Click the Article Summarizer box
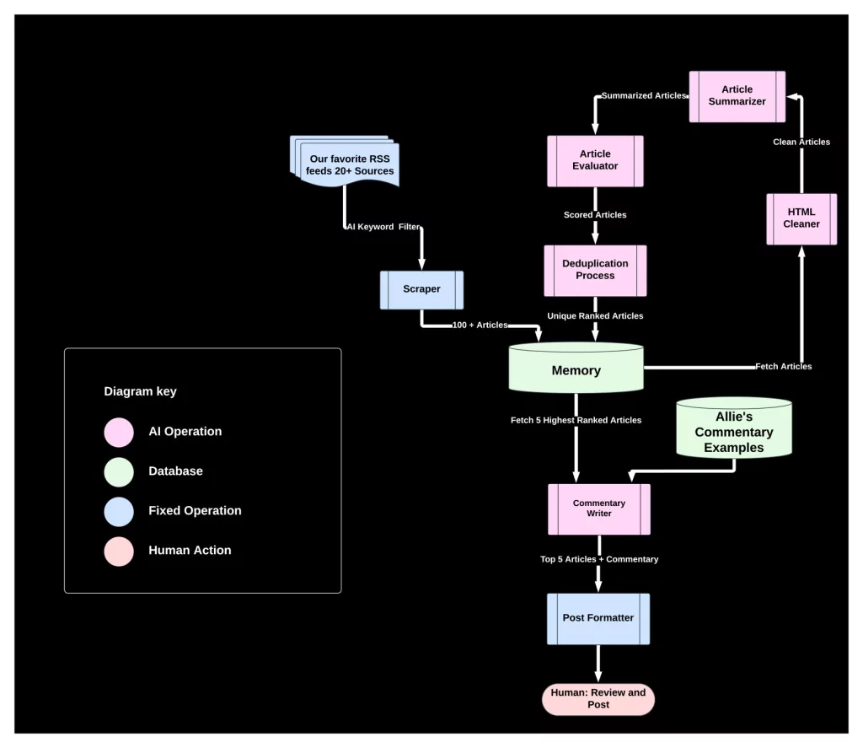[737, 96]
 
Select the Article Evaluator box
[595, 160]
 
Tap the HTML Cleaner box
[801, 218]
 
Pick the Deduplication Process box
[595, 270]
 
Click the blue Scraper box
[421, 289]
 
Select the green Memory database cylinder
[576, 369]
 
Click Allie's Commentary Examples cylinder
[734, 432]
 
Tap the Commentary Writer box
[598, 509]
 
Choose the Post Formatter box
[598, 618]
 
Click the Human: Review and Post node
[598, 698]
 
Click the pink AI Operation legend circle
[119, 432]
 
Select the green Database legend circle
[119, 471]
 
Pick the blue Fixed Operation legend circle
[119, 511]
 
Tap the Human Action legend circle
[119, 551]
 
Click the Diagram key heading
[140, 391]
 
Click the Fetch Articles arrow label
[783, 366]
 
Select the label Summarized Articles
[643, 96]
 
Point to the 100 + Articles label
[480, 326]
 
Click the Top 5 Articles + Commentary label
[599, 559]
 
